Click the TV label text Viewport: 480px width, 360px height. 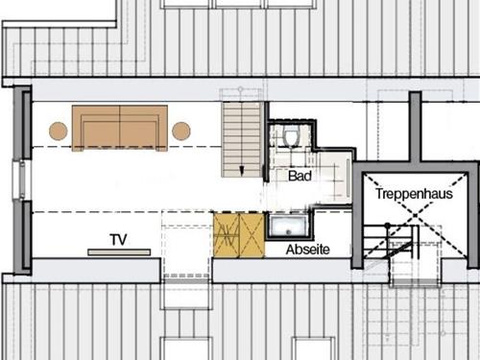coord(118,240)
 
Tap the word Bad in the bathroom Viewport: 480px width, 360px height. coord(300,176)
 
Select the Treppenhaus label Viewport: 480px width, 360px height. coord(414,194)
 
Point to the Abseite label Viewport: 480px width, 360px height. coord(307,250)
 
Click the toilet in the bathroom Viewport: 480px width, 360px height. coord(291,136)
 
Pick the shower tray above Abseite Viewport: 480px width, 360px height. coord(288,226)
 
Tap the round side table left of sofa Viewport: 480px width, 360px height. coord(59,131)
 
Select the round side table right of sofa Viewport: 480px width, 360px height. coord(181,131)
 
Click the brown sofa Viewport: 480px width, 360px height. coord(120,128)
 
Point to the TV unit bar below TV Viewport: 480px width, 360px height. coord(119,252)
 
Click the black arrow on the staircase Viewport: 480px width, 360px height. coord(242,171)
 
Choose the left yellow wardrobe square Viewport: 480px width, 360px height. coord(227,235)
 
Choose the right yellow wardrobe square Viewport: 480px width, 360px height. coord(252,235)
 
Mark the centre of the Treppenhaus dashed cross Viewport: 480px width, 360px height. coord(415,215)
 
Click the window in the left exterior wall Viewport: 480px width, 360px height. coord(22,180)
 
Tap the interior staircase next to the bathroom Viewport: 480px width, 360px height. coord(243,139)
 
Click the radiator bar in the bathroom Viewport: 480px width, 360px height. coord(348,177)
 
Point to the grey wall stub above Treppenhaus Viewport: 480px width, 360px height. coord(415,127)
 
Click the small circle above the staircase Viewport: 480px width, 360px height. coord(240,89)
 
